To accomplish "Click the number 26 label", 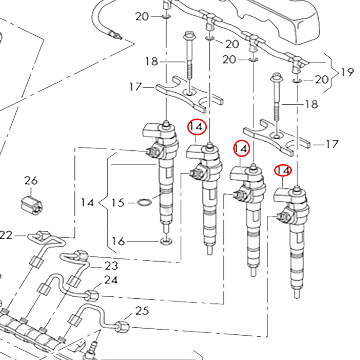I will [x=31, y=181].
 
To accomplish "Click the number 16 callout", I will [x=118, y=241].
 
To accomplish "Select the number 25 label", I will [x=142, y=311].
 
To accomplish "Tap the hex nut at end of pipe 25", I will [x=123, y=327].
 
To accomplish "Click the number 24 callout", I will [x=111, y=280].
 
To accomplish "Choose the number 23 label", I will [x=111, y=266].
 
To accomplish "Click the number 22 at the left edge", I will [x=6, y=235].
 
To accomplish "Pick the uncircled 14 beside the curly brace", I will [x=87, y=203].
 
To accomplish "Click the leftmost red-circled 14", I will [x=197, y=127].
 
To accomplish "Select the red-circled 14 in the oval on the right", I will [x=283, y=170].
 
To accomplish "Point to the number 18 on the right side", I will [x=312, y=104].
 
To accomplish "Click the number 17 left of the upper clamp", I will [x=135, y=87].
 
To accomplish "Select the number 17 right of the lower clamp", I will [x=332, y=145].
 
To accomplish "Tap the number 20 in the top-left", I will [x=142, y=16].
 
